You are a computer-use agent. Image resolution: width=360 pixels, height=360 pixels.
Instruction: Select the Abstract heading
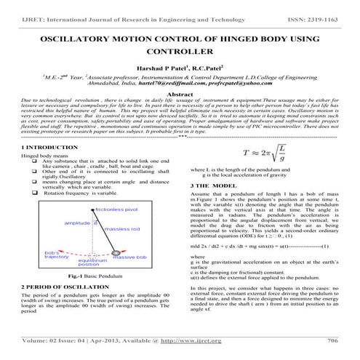pyautogui.click(x=180, y=95)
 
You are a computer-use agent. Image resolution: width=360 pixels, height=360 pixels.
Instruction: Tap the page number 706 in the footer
pyautogui.click(x=333, y=340)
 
